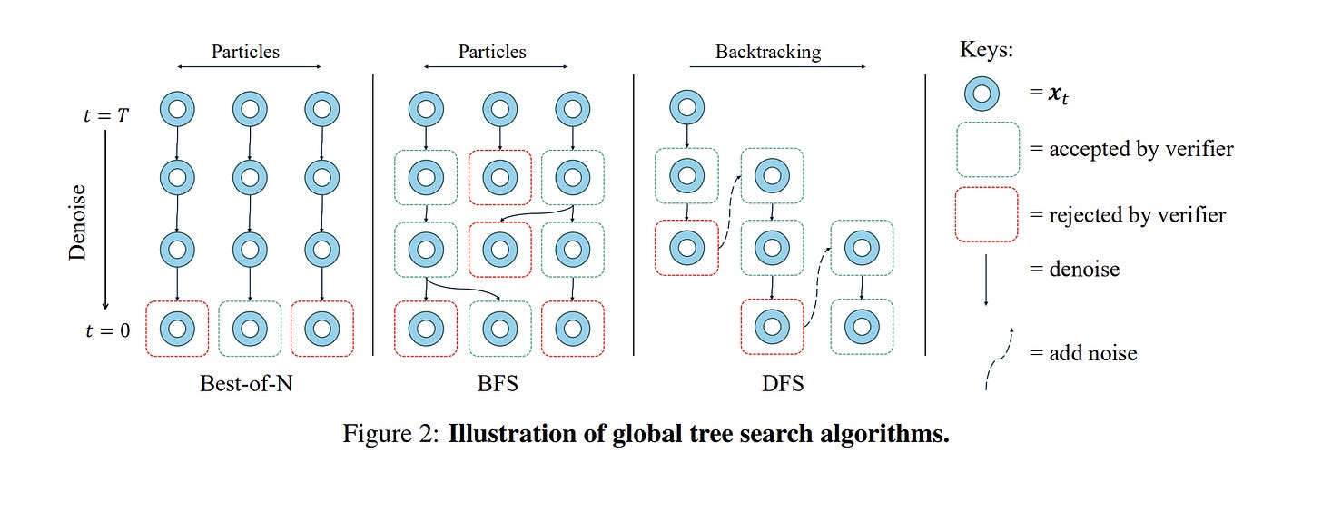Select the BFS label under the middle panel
click(x=498, y=383)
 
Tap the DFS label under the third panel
click(x=783, y=383)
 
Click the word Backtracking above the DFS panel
click(x=767, y=52)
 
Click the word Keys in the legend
click(x=986, y=50)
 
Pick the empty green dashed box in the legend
click(x=987, y=149)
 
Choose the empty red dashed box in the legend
click(x=987, y=214)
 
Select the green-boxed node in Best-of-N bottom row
click(x=250, y=329)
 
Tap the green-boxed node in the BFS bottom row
click(x=499, y=329)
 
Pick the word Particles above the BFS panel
click(x=492, y=52)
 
